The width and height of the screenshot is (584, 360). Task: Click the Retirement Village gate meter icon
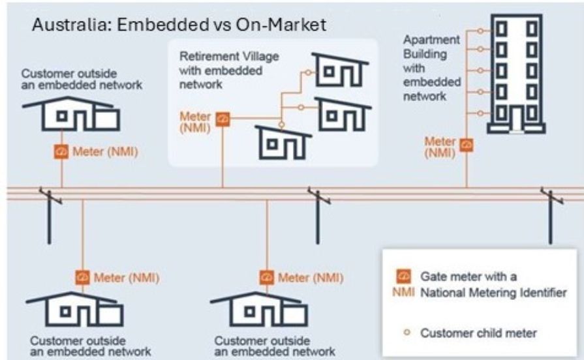tap(223, 118)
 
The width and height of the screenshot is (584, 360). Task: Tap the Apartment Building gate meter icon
tap(467, 145)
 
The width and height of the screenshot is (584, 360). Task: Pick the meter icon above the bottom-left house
tap(82, 277)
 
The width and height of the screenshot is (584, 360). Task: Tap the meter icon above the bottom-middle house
tap(266, 277)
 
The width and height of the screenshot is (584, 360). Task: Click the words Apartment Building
tap(422, 48)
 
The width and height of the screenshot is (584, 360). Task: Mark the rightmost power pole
tap(550, 215)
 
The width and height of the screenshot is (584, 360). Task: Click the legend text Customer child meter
tap(478, 333)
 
